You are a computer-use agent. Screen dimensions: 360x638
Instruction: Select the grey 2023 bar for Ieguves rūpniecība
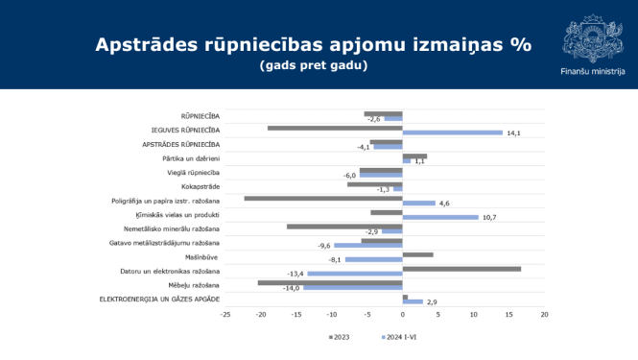(x=335, y=128)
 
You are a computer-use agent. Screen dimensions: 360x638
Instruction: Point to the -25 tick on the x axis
(x=224, y=313)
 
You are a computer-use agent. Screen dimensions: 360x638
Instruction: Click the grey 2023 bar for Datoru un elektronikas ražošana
(x=461, y=269)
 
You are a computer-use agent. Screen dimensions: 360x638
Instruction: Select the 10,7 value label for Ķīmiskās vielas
(x=488, y=217)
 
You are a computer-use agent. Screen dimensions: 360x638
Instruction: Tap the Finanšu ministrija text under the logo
(x=592, y=71)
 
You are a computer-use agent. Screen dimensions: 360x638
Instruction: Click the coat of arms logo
(x=592, y=36)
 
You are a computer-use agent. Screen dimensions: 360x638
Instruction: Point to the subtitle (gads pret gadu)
(x=314, y=65)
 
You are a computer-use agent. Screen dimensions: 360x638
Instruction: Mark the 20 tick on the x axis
(x=544, y=313)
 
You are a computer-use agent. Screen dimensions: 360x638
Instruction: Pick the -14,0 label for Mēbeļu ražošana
(x=291, y=288)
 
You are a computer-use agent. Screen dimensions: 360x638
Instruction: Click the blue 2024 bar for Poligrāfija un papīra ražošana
(x=419, y=204)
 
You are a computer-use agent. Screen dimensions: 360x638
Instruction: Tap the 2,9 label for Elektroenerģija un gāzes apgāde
(x=432, y=302)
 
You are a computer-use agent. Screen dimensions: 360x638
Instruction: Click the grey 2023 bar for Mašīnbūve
(x=418, y=254)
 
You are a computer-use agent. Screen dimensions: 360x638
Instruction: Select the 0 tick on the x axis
(x=403, y=313)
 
